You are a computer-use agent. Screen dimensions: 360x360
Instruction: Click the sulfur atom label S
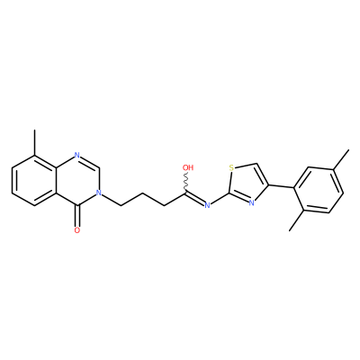231,167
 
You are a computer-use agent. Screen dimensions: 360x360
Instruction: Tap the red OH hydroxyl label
188,167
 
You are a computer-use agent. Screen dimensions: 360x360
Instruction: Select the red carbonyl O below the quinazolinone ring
77,230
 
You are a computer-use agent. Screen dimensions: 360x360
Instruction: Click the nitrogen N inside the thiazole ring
251,202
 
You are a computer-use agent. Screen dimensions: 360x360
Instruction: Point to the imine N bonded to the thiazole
207,205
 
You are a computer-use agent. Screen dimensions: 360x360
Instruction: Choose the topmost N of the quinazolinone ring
77,156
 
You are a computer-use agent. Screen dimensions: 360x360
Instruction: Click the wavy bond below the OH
187,183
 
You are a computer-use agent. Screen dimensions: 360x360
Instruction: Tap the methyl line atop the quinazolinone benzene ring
35,143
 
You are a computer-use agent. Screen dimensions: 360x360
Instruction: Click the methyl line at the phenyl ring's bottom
297,220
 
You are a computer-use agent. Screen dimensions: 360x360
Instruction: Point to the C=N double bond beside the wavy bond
195,199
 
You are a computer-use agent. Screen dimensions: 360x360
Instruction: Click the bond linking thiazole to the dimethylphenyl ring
281,186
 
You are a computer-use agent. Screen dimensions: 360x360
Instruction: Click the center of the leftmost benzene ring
35,180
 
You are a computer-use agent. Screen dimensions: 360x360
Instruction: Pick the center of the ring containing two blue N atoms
77,180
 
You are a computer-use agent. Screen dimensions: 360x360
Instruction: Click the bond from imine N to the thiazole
220,199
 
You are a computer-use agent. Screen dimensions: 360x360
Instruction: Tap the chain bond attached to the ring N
111,199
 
